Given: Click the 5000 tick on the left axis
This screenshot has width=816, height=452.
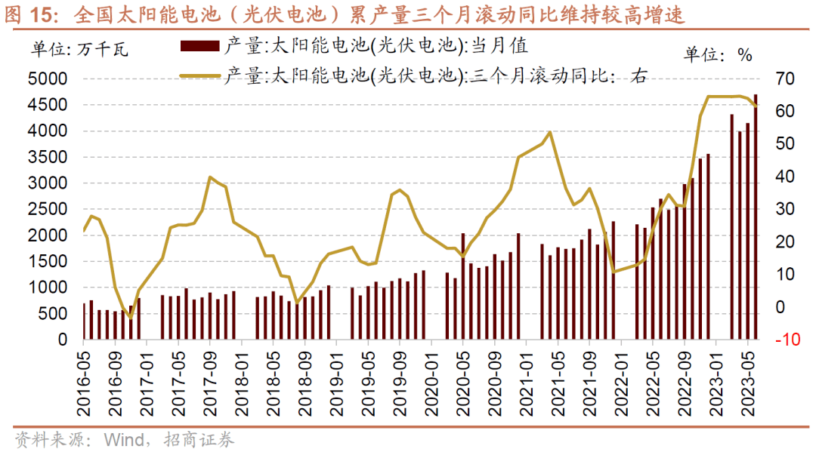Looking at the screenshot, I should (x=48, y=79).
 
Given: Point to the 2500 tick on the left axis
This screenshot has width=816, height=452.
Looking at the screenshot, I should (x=48, y=210).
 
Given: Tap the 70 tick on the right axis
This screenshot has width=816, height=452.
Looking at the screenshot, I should (x=782, y=79).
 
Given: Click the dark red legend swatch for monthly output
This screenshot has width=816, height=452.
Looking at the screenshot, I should (x=200, y=47).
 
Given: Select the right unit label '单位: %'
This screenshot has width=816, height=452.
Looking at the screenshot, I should (x=718, y=54).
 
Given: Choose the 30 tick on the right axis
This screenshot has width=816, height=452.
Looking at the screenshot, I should (x=782, y=210).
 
